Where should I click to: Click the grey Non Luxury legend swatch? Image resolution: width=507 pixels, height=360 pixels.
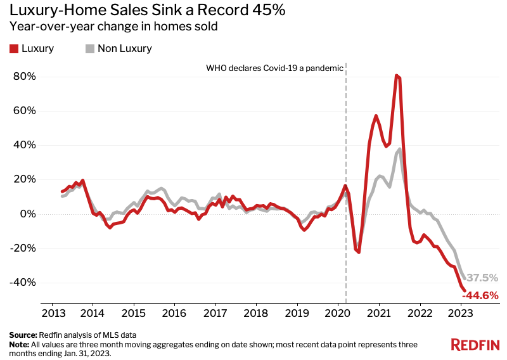pyautogui.click(x=90, y=48)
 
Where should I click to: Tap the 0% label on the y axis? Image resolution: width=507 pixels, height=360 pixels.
pyautogui.click(x=28, y=214)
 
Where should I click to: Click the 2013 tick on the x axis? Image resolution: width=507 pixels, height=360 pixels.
pyautogui.click(x=51, y=313)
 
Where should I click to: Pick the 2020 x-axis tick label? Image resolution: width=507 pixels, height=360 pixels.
pyautogui.click(x=337, y=313)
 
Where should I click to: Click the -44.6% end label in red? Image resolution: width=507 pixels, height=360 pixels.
pyautogui.click(x=480, y=295)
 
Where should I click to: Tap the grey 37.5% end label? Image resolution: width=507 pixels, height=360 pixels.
pyautogui.click(x=482, y=278)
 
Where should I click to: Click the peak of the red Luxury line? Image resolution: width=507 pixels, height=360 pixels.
pyautogui.click(x=396, y=75)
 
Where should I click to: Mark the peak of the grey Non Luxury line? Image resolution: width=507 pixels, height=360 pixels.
pyautogui.click(x=400, y=149)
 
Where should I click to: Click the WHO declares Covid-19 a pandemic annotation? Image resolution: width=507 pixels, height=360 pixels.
pyautogui.click(x=274, y=68)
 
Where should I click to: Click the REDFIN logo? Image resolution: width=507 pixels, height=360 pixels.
pyautogui.click(x=475, y=345)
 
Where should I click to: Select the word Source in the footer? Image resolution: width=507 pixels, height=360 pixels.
pyautogui.click(x=23, y=334)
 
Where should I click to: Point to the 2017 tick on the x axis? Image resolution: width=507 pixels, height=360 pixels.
pyautogui.click(x=215, y=313)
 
